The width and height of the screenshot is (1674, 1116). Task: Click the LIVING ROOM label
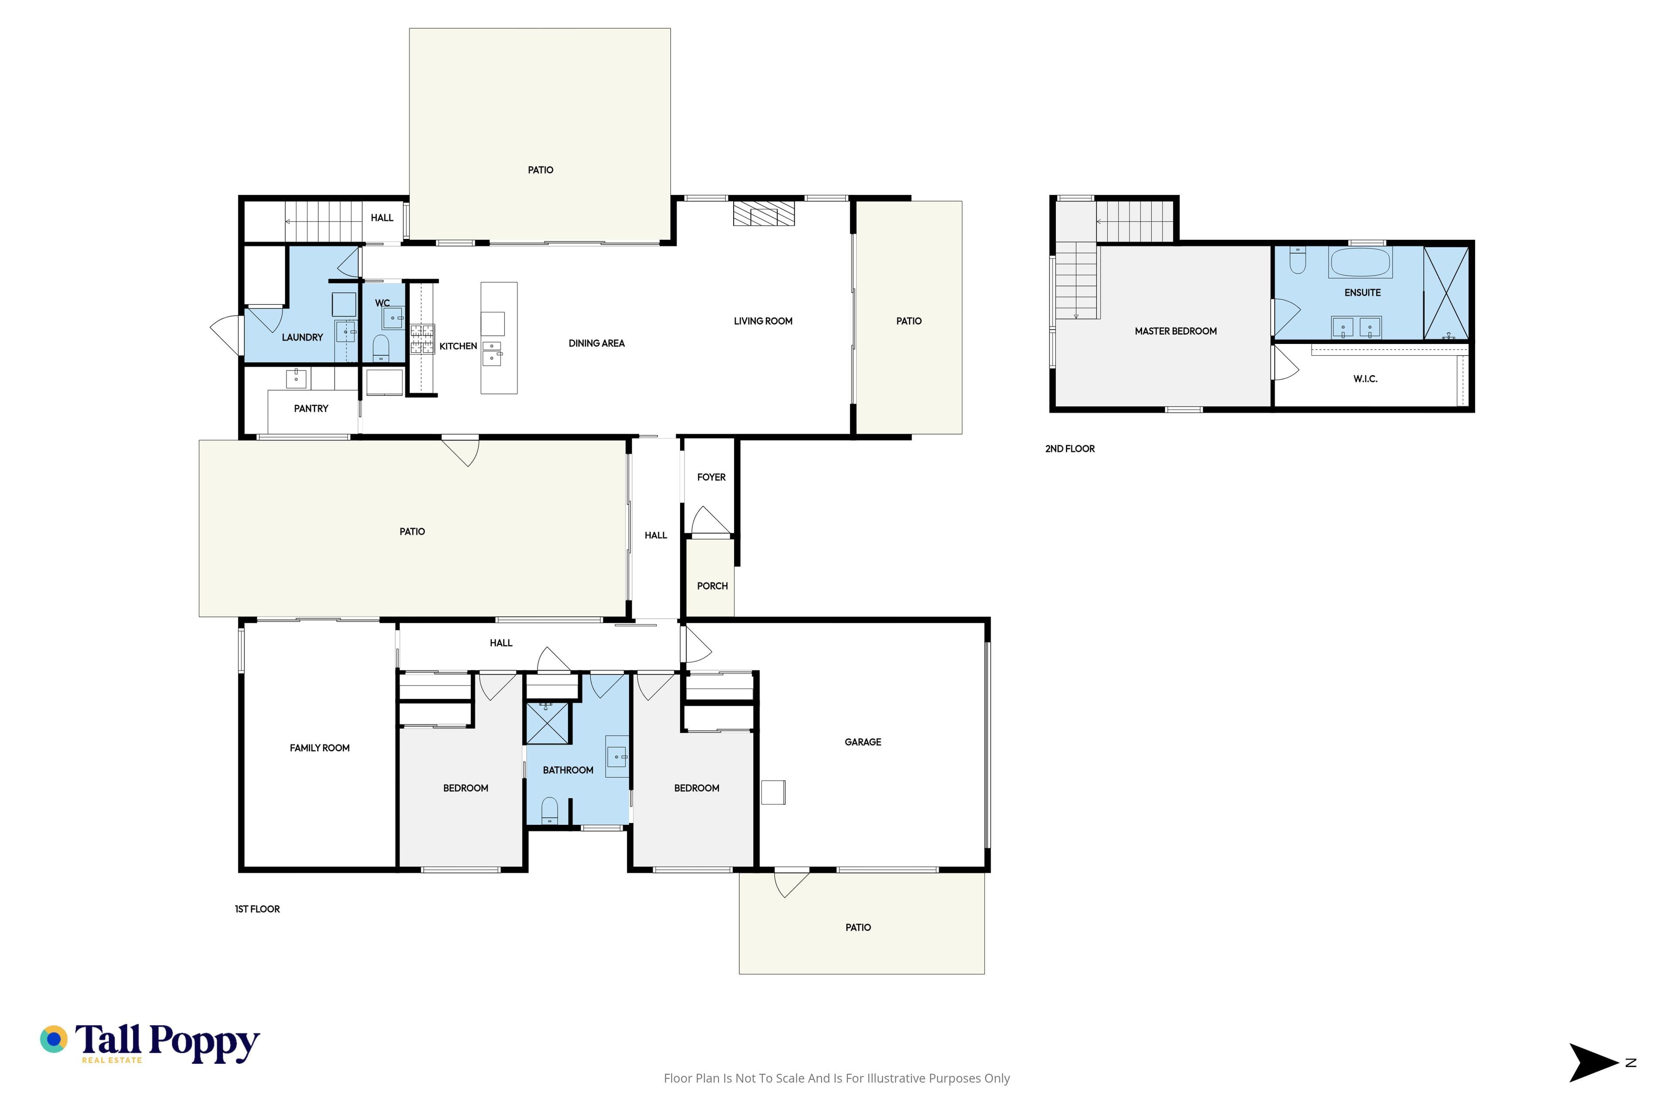point(763,321)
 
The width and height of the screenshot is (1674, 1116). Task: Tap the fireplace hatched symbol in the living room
point(764,214)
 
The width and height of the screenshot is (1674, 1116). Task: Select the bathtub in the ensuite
point(1360,262)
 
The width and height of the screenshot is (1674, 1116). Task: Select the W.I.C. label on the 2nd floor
point(1365,379)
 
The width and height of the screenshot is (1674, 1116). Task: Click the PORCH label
point(712,586)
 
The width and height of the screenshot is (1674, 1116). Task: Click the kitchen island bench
point(499,338)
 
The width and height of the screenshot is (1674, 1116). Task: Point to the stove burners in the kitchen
point(422,339)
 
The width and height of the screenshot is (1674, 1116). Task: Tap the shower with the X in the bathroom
point(548,723)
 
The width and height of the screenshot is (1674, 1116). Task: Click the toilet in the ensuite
point(1297,261)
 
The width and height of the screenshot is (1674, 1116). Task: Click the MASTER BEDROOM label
point(1176,331)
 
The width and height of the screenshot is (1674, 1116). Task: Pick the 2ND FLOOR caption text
point(1070,449)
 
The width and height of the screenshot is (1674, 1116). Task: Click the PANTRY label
point(311,408)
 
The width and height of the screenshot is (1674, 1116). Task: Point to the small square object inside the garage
point(774,792)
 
